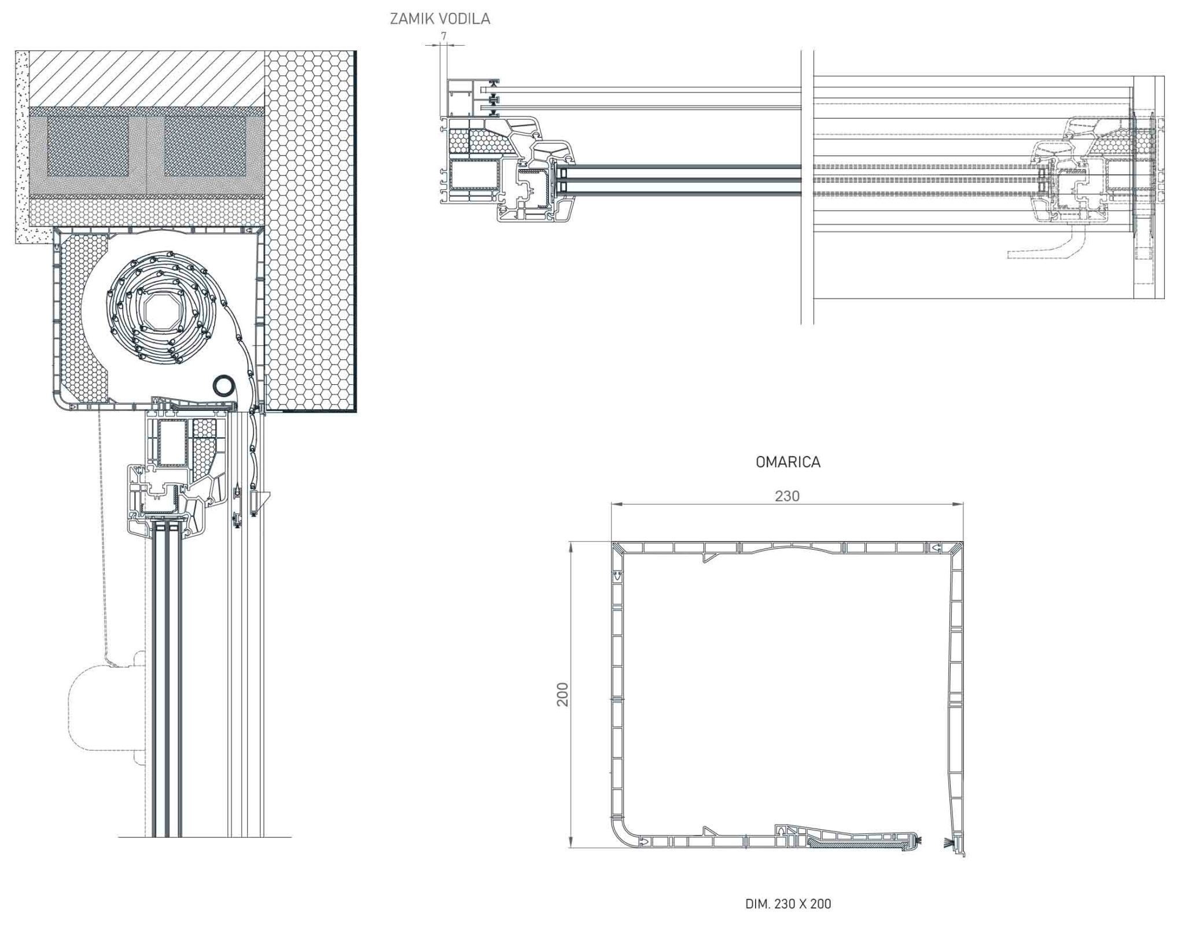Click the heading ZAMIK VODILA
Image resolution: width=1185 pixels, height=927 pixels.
440,19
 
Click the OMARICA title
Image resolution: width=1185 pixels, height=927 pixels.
787,462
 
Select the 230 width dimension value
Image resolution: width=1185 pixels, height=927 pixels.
787,496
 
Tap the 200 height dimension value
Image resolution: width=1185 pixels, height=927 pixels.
562,694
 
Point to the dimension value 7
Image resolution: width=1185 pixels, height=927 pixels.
444,36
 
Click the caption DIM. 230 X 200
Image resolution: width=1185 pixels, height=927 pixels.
788,903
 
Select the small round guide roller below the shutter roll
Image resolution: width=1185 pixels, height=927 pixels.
224,385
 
